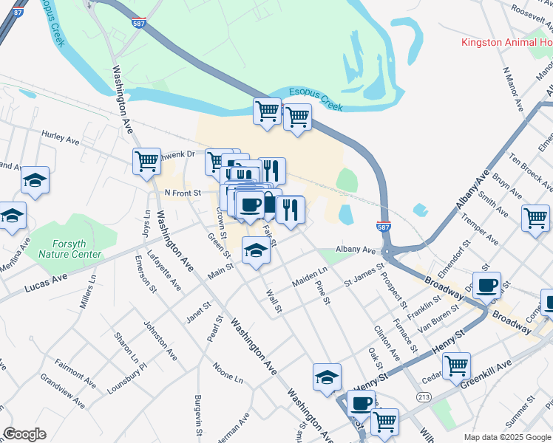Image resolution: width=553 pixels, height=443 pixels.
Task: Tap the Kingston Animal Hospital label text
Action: (x=507, y=42)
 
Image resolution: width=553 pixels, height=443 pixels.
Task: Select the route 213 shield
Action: (x=422, y=397)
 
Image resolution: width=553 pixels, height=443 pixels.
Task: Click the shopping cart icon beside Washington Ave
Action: (x=147, y=160)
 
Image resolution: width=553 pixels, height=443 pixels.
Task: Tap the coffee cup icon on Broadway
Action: (x=486, y=286)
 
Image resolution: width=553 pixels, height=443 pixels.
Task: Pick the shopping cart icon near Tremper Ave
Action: (x=535, y=218)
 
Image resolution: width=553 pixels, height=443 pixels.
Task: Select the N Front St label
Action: (x=182, y=193)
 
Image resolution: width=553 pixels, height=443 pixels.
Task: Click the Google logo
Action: (x=24, y=434)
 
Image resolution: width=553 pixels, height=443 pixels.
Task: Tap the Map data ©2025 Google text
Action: (x=507, y=436)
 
